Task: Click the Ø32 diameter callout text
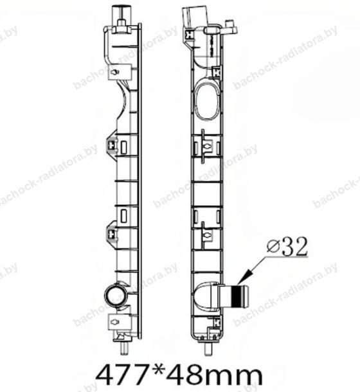[x=287, y=247]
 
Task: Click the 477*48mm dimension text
[x=179, y=375]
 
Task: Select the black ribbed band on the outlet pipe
[x=237, y=297]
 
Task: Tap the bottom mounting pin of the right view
[x=208, y=348]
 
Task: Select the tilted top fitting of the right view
[x=196, y=16]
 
